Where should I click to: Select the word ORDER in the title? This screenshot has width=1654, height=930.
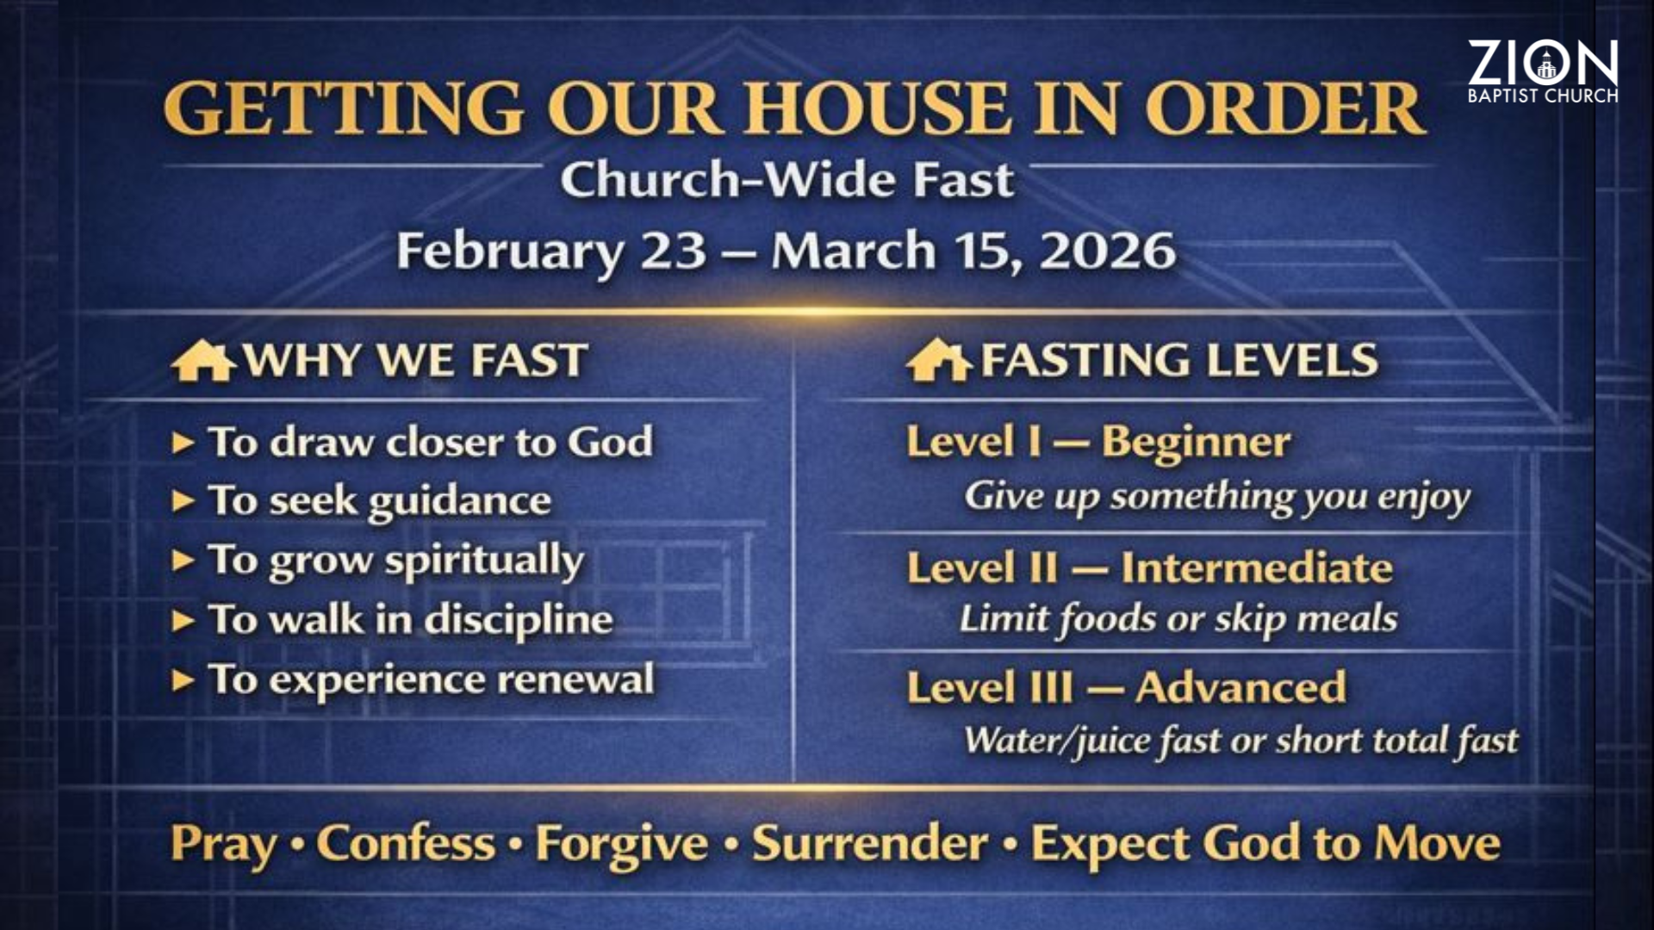[1284, 108]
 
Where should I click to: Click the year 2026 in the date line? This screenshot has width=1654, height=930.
[1108, 251]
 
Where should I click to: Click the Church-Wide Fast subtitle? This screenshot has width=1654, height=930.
[787, 180]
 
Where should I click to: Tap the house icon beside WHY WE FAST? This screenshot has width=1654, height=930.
[202, 360]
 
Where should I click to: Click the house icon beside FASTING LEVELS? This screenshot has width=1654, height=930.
[938, 360]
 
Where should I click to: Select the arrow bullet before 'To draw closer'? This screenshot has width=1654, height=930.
[183, 443]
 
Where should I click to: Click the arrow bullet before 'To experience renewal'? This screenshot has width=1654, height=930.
[183, 680]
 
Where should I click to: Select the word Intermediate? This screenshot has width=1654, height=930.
[1257, 568]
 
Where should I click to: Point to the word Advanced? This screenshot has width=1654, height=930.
[1240, 687]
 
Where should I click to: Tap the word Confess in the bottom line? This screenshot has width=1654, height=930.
[407, 843]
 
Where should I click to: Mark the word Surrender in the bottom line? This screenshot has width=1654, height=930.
[870, 843]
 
